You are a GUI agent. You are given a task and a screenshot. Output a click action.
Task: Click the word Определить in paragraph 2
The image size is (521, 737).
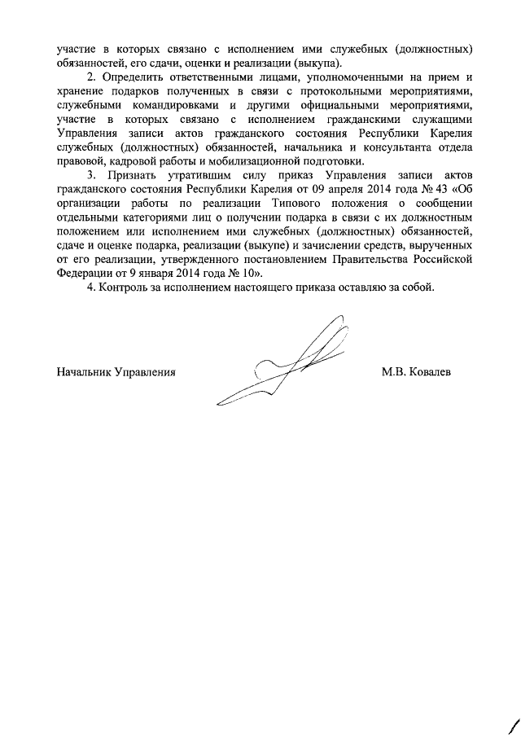coord(130,77)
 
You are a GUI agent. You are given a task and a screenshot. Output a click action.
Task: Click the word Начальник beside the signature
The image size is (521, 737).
coord(84,372)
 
